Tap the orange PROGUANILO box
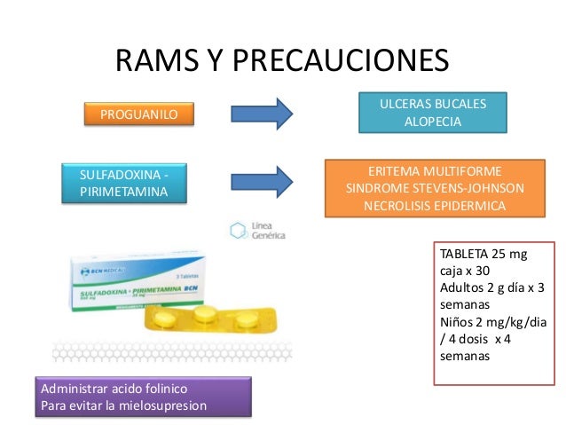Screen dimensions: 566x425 139,114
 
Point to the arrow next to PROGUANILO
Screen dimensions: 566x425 261,114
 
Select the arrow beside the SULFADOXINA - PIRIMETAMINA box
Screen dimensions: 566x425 261,181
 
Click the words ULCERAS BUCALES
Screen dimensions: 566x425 433,105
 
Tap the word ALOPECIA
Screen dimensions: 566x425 433,122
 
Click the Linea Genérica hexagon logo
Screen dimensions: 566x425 237,231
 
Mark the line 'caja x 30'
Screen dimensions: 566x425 464,272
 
